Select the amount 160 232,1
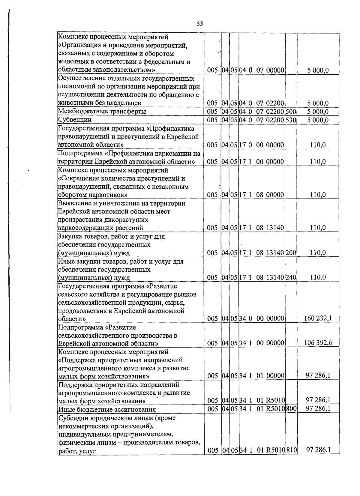click(x=318, y=318)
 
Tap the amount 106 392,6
click(x=318, y=343)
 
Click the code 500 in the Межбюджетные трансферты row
click(x=291, y=112)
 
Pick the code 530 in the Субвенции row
click(x=291, y=120)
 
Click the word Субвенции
click(x=75, y=120)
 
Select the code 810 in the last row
click(x=291, y=459)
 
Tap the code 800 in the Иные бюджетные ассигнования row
click(x=291, y=409)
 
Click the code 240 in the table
click(x=291, y=277)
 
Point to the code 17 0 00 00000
click(x=262, y=145)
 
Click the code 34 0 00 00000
click(x=262, y=318)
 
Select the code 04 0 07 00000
click(x=262, y=71)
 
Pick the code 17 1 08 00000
click(x=262, y=195)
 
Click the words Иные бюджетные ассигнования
click(x=107, y=409)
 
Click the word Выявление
click(x=73, y=203)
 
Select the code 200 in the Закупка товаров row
click(x=291, y=252)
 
